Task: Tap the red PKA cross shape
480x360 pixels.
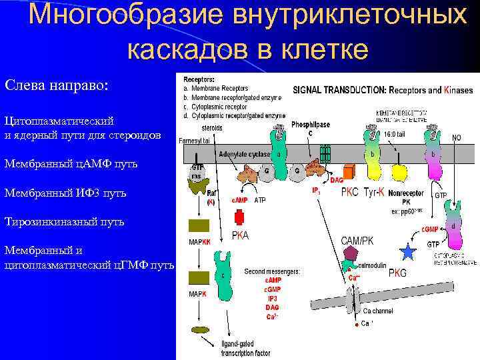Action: coord(239,217)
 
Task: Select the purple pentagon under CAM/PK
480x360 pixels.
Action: coord(352,253)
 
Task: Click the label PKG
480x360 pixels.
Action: coord(397,272)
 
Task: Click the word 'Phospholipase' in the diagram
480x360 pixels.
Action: coord(310,123)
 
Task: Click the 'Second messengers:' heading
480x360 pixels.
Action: coord(272,271)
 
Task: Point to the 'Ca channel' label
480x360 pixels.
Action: coord(378,311)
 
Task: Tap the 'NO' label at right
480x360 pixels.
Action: coord(457,138)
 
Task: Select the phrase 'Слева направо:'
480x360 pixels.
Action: coord(57,87)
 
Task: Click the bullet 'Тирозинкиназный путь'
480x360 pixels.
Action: coord(65,221)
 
